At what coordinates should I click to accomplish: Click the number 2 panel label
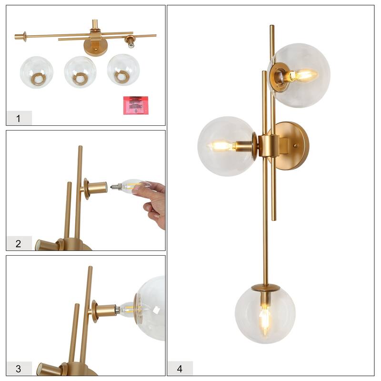coord(19,243)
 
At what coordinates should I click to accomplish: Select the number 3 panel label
coord(19,368)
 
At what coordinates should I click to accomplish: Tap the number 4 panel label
coord(180,368)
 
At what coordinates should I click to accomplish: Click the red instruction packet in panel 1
coord(136,105)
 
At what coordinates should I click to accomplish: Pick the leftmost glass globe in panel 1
coord(37,72)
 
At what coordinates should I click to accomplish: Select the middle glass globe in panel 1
coord(80,72)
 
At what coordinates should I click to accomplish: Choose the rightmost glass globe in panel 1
coord(123,70)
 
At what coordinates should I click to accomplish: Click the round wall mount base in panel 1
coord(95,47)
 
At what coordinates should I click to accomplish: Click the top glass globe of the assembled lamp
coord(299,75)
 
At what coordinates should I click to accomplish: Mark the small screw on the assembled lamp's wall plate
coord(296,145)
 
